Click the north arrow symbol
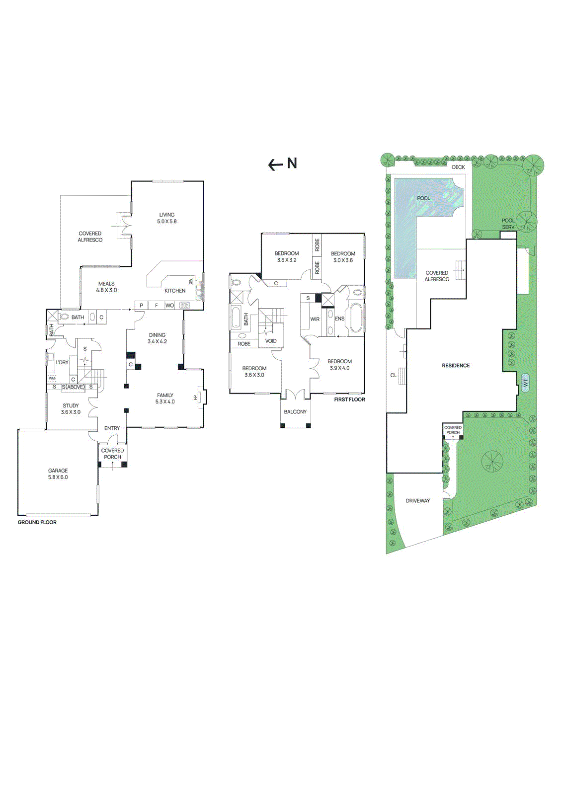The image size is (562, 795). pos(282,164)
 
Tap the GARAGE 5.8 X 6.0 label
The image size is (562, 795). pos(58,474)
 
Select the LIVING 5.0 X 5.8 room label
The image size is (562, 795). pos(167,218)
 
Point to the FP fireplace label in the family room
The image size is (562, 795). pos(195,397)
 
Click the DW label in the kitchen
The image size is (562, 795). pos(190,281)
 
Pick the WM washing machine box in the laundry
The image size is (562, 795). pos(52,379)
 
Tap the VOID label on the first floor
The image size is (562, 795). pos(271,341)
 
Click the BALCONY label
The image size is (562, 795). pos(295,412)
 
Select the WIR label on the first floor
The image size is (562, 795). pos(315,319)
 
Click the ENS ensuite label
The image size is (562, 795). pos(339,319)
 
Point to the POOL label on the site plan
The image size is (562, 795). pos(423,198)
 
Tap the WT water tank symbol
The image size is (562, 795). pos(525,383)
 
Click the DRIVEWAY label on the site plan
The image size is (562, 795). pos(417,501)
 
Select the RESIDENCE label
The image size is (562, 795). pos(456,366)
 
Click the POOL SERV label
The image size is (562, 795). pos(508,224)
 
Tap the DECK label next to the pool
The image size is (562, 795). pos(458,167)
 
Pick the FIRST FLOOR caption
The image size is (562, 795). pos(349,399)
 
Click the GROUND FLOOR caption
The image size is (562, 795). pos(37,522)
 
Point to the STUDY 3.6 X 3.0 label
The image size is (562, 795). pos(71,409)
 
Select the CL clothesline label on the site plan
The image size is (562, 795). pos(393,375)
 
